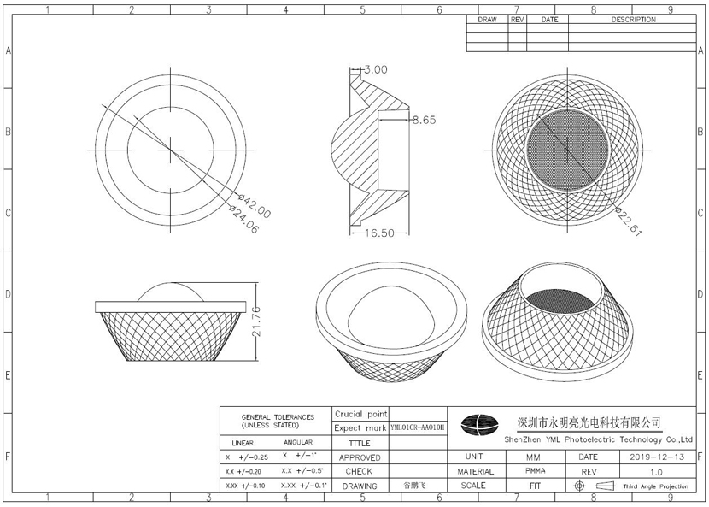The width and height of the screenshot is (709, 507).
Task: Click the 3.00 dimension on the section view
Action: (x=376, y=70)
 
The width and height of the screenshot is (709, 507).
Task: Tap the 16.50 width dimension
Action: (x=380, y=233)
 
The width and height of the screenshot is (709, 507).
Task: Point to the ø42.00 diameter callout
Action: (x=254, y=206)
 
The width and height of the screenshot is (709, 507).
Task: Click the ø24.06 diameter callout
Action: (x=243, y=220)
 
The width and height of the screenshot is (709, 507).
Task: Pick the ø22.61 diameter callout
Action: (x=628, y=221)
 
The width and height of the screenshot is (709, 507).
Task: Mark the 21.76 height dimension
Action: (x=256, y=321)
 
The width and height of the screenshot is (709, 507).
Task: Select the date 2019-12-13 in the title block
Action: (x=657, y=457)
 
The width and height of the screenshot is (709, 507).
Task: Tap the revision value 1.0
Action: (x=656, y=472)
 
